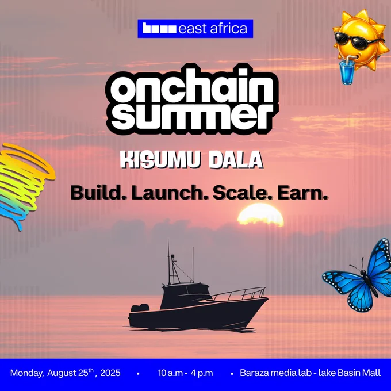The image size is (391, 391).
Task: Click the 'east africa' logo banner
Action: click(195, 28)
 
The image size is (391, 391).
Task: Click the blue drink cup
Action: click(347, 71)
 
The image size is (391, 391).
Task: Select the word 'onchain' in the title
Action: click(192, 86)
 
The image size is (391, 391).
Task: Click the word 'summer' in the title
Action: click(191, 116)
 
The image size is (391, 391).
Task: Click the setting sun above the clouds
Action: click(260, 214)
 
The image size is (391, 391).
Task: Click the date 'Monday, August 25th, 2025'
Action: click(66, 373)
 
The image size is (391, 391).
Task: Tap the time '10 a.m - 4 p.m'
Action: click(185, 373)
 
